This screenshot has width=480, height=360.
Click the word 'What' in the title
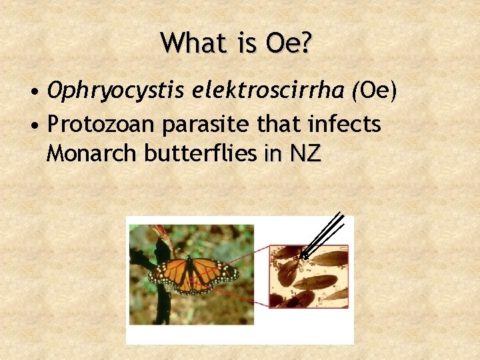click(x=187, y=44)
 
